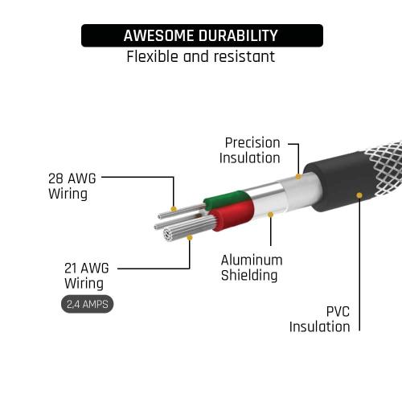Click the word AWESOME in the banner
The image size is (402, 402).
pyautogui.click(x=159, y=35)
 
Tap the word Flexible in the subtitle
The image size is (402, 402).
pyautogui.click(x=152, y=56)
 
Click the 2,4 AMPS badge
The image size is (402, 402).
pyautogui.click(x=88, y=304)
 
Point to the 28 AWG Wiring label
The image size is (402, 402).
pyautogui.click(x=72, y=186)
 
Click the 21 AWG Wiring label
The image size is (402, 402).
pyautogui.click(x=87, y=276)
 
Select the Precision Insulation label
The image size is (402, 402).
pyautogui.click(x=250, y=150)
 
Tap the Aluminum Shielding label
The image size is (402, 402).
pyautogui.click(x=252, y=268)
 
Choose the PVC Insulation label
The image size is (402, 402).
pyautogui.click(x=320, y=319)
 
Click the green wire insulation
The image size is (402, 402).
pyautogui.click(x=227, y=199)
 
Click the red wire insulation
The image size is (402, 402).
pyautogui.click(x=232, y=215)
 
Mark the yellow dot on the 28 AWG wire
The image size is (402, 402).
pyautogui.click(x=174, y=209)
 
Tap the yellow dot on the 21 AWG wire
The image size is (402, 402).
pyautogui.click(x=190, y=238)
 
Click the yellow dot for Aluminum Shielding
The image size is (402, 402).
pyautogui.click(x=271, y=215)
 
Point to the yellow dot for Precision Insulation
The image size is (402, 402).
pyautogui.click(x=298, y=177)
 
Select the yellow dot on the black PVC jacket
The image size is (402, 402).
pyautogui.click(x=359, y=195)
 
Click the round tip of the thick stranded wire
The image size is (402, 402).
pyautogui.click(x=168, y=235)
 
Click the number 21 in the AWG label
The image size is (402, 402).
pyautogui.click(x=70, y=269)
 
